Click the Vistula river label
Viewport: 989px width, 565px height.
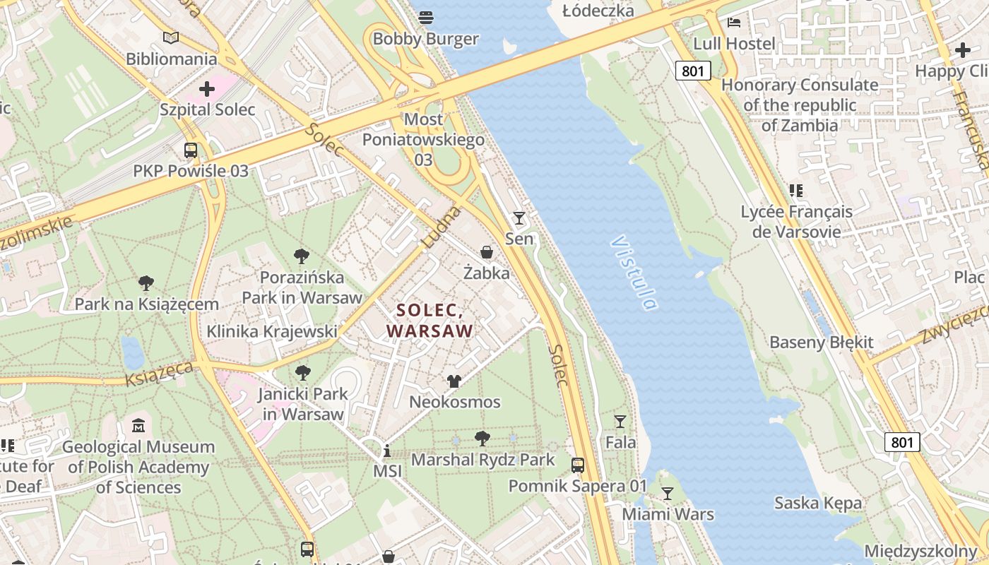[633, 273]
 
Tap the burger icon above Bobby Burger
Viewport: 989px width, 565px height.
[426, 17]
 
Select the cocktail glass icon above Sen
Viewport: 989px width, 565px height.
[519, 218]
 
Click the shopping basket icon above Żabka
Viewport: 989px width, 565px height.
[487, 251]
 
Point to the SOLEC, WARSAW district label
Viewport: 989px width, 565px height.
[430, 320]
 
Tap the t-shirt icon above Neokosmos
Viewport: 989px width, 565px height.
[454, 381]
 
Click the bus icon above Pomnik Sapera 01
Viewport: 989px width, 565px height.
[578, 465]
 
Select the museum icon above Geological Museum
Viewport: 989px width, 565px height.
[138, 426]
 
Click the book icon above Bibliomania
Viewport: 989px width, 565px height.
[171, 37]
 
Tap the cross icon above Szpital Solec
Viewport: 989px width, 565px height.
[206, 89]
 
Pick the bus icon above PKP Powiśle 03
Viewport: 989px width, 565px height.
[191, 150]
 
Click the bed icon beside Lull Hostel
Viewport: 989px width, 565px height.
[734, 23]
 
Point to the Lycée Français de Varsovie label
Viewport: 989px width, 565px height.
[796, 221]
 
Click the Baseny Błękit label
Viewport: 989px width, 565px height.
[821, 343]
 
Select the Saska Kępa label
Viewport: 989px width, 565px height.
[817, 503]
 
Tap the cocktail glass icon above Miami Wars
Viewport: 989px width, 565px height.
[667, 493]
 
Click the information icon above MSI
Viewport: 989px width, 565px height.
[387, 451]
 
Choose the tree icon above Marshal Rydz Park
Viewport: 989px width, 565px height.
[482, 439]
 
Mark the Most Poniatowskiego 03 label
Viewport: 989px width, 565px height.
[423, 139]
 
